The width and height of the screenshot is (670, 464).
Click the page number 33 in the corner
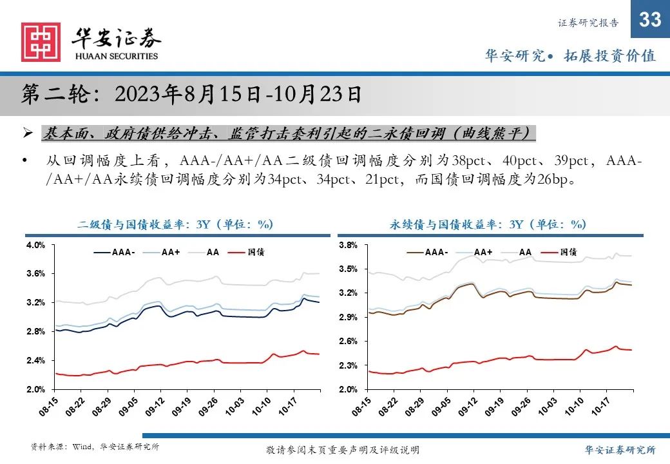pyautogui.click(x=650, y=20)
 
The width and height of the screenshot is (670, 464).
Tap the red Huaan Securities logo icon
pyautogui.click(x=41, y=43)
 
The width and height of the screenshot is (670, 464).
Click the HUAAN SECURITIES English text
pyautogui.click(x=117, y=56)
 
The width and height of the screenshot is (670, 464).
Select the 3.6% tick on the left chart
pyautogui.click(x=35, y=274)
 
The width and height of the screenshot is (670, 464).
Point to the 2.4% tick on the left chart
pyautogui.click(x=35, y=360)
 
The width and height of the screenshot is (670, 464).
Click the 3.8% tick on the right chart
pyautogui.click(x=348, y=246)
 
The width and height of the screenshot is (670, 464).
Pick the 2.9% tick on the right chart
pyautogui.click(x=348, y=318)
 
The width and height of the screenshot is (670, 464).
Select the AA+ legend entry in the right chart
pyautogui.click(x=483, y=252)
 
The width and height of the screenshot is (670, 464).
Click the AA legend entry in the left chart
pyautogui.click(x=213, y=252)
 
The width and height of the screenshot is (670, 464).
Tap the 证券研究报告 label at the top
pyautogui.click(x=588, y=23)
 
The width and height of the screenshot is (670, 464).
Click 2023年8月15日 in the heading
pyautogui.click(x=187, y=95)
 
